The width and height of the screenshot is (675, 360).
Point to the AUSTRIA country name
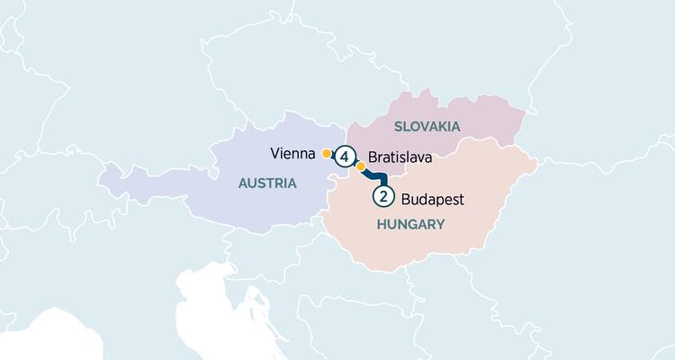pyautogui.click(x=267, y=184)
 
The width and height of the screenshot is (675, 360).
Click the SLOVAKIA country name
pyautogui.click(x=427, y=127)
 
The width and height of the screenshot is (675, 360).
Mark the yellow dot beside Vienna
pyautogui.click(x=326, y=153)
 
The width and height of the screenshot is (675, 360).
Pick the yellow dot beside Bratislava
pyautogui.click(x=361, y=166)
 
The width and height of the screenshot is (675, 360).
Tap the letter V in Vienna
pyautogui.click(x=274, y=153)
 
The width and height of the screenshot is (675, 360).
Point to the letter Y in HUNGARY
pyautogui.click(x=441, y=224)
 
